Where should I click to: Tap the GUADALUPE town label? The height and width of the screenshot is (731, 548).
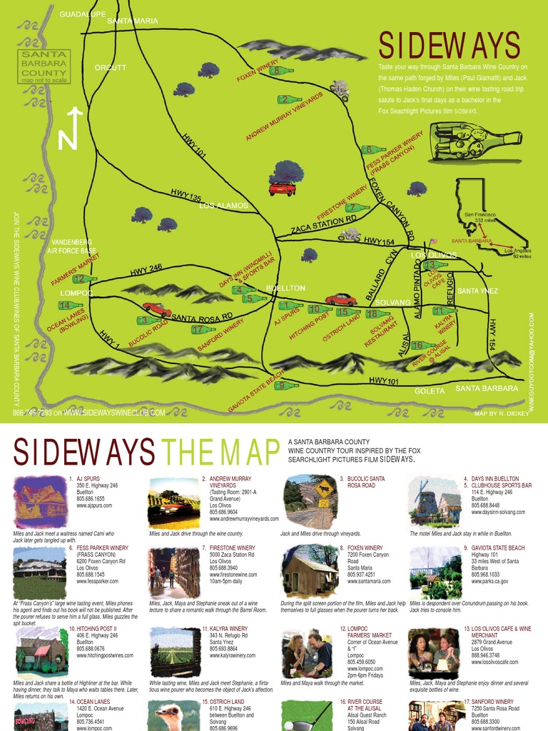click(x=83, y=14)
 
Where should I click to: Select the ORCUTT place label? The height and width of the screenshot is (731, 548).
click(x=111, y=68)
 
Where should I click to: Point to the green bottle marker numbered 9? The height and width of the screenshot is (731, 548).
click(x=285, y=385)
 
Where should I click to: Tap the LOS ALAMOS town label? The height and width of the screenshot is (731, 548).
click(x=223, y=206)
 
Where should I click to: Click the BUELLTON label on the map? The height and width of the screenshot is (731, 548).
click(x=285, y=288)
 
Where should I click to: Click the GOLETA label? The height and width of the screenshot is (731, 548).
click(x=430, y=390)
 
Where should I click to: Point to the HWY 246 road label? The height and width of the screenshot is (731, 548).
click(x=146, y=269)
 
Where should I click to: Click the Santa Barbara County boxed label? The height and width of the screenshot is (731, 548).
click(x=44, y=66)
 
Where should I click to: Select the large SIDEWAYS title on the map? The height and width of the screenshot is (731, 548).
click(x=449, y=46)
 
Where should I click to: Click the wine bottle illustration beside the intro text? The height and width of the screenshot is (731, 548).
click(x=475, y=141)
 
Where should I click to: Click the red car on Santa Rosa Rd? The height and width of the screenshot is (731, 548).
click(x=156, y=309)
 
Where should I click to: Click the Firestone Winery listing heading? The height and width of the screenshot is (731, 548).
click(x=233, y=548)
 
